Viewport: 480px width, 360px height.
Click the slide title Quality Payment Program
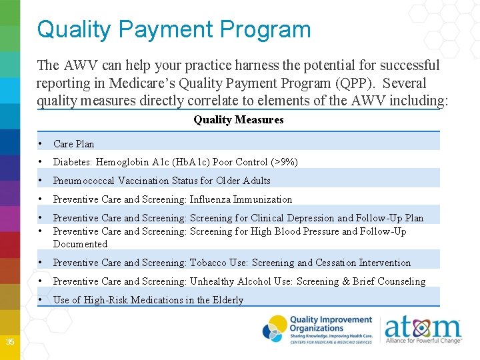[x=173, y=29]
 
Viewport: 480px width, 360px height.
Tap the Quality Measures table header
[x=238, y=120]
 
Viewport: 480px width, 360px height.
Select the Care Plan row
[x=73, y=144]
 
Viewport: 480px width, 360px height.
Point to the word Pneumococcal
[x=85, y=181]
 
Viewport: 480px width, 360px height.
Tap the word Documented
[x=80, y=244]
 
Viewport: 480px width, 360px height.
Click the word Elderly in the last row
[x=229, y=300]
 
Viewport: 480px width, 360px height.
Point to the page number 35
[x=10, y=342]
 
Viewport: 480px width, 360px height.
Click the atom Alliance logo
[x=423, y=329]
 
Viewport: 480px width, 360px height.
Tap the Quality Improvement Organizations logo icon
[x=274, y=328]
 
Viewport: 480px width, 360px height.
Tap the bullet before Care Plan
[x=41, y=144]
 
